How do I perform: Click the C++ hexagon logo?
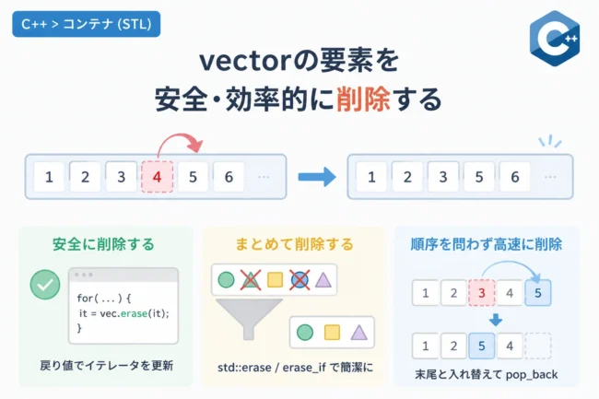coord(555,38)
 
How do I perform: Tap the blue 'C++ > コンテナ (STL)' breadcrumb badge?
coord(87,24)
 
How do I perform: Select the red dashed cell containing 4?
coord(157,177)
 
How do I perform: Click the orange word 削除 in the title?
coord(363,99)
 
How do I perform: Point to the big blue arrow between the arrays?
coord(317,177)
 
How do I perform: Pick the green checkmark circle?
coord(45,285)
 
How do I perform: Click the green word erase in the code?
coord(134,313)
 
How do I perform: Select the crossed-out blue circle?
coord(299,280)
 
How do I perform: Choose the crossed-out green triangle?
coord(251,280)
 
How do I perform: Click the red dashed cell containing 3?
coord(481,293)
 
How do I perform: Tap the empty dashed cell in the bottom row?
coord(538,346)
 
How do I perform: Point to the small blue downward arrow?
coord(496,320)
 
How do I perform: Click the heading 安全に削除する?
coord(103,244)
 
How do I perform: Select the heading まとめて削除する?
coord(294,244)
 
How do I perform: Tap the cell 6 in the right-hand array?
coord(514,177)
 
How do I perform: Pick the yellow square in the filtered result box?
coord(332,332)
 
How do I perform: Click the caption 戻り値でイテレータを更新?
coord(107,366)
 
